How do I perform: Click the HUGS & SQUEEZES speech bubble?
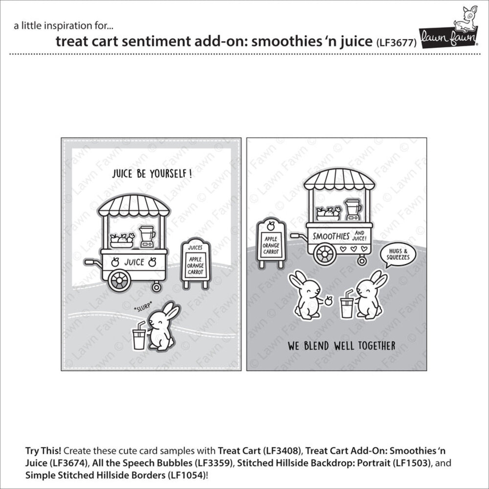point(396,255)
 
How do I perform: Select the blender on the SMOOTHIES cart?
point(353,209)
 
